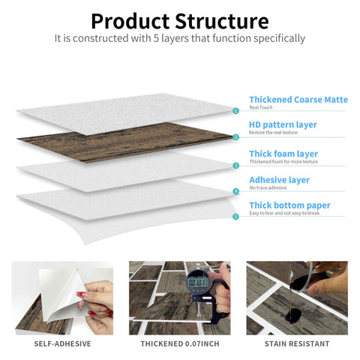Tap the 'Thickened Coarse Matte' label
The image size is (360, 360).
(298, 99)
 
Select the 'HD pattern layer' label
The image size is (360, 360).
(283, 124)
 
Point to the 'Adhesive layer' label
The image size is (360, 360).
(279, 180)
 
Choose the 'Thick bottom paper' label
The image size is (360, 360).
(289, 205)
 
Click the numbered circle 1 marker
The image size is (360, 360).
(235, 110)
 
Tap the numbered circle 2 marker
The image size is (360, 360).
(235, 137)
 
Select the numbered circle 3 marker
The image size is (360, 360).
(235, 165)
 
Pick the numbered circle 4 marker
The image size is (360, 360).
(235, 191)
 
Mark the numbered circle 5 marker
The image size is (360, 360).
(235, 217)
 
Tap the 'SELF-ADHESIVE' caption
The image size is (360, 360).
(63, 343)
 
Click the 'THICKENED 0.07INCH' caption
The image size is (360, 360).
(180, 343)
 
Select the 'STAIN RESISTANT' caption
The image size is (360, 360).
(297, 343)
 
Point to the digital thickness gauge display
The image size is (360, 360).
(198, 283)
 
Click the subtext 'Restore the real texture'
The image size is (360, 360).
(274, 133)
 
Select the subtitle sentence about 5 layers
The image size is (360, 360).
(180, 37)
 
